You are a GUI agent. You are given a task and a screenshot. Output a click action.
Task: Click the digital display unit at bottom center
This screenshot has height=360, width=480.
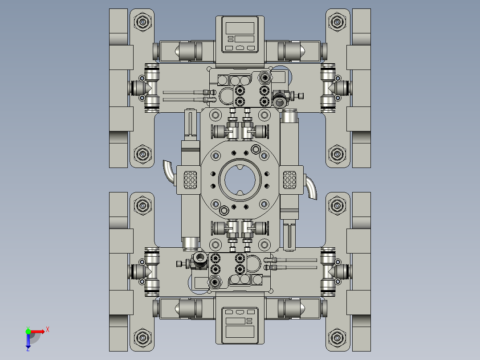[240, 322]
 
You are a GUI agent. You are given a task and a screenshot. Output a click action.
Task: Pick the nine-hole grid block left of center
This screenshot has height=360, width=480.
[191, 180]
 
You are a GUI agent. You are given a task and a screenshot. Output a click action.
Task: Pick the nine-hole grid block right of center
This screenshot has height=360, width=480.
[290, 180]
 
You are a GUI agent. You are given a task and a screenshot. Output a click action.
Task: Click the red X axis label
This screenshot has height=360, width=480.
[48, 329]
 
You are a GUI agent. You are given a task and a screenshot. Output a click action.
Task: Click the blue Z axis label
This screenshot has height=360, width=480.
[28, 349]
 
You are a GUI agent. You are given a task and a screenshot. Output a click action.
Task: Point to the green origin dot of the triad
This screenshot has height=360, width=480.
[28, 331]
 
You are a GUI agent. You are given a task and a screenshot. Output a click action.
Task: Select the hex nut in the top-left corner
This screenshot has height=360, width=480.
[142, 22]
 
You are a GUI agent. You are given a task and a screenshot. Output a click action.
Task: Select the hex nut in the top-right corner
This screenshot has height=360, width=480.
[337, 22]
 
